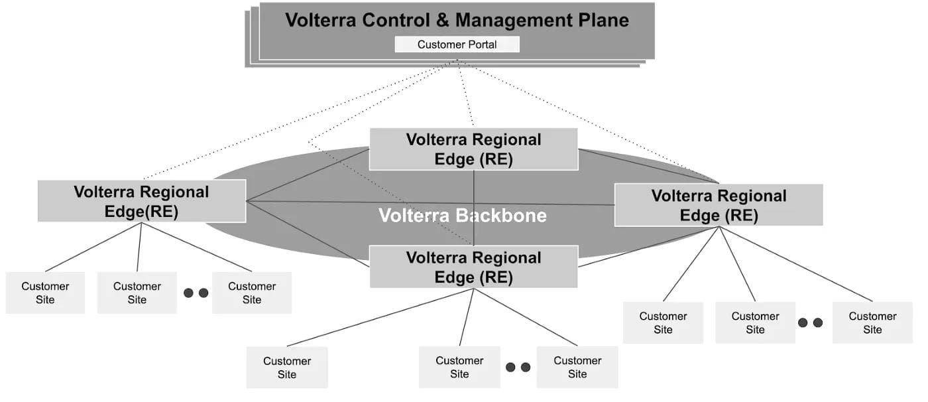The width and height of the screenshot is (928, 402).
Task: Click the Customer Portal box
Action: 457,44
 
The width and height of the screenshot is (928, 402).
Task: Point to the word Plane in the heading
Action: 601,20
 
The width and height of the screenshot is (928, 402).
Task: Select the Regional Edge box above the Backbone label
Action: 473,149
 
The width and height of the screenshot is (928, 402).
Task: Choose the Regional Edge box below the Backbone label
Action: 473,267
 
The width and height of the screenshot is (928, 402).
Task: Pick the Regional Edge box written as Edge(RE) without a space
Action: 141,201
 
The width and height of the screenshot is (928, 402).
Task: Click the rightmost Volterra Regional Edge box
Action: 719,205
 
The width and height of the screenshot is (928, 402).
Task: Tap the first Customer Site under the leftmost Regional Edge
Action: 45,293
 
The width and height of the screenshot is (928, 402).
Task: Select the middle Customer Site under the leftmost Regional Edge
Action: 137,293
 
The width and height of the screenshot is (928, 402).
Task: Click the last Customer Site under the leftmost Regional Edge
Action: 252,293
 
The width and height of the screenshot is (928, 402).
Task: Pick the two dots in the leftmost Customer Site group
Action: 196,293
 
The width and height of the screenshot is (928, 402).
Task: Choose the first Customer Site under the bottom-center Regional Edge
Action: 287,368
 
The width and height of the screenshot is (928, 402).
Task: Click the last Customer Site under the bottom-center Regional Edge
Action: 577,367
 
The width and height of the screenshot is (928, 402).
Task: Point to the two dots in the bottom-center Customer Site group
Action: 518,367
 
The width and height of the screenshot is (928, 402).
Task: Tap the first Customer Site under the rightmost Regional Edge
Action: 663,322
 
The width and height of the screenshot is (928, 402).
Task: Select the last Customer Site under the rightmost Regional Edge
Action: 872,322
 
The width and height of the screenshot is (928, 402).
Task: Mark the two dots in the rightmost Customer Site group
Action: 810,322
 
